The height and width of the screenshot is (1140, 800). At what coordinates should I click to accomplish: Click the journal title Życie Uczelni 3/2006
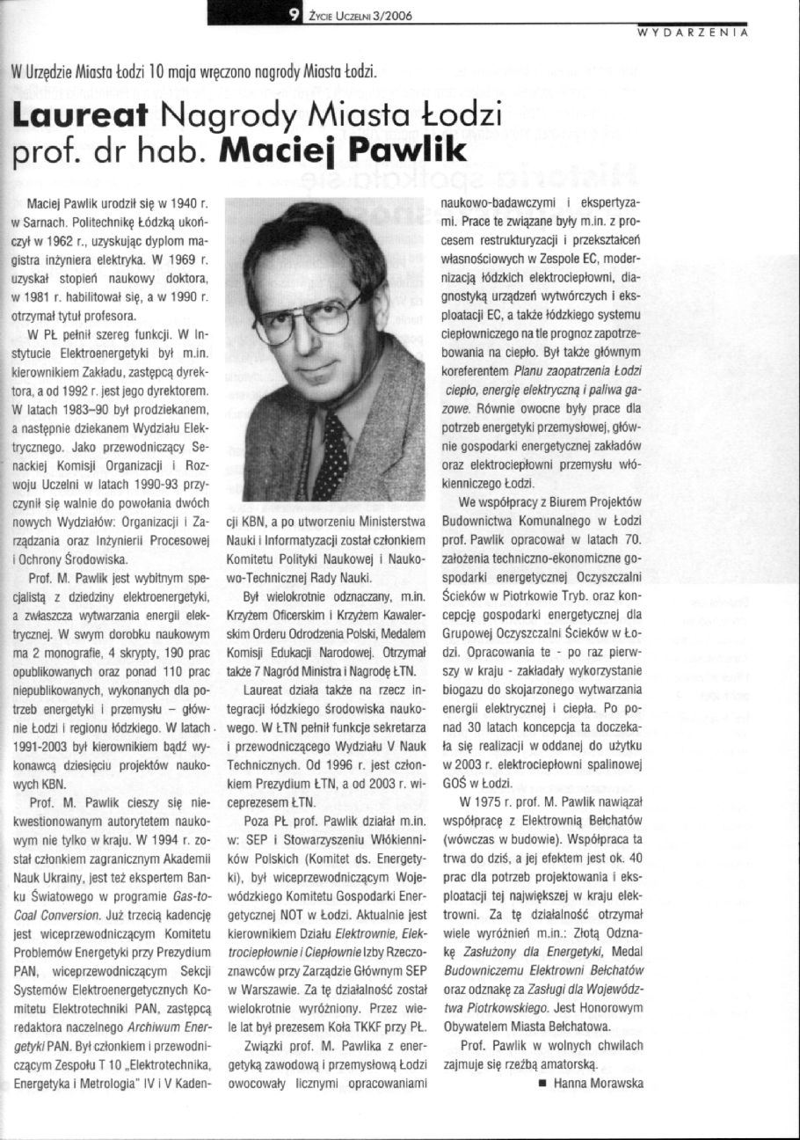357,15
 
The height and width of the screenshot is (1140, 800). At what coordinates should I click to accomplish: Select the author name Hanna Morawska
599,1083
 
